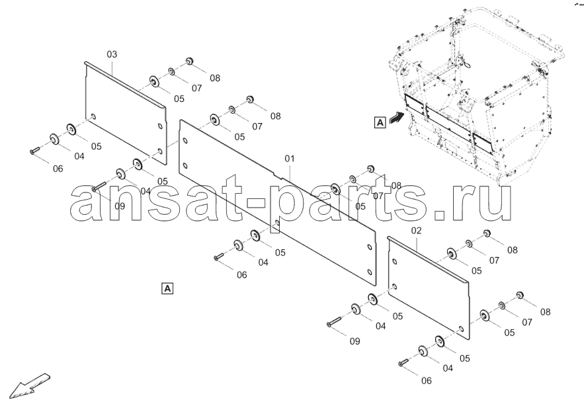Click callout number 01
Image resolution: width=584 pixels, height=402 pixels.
pyautogui.click(x=290, y=159)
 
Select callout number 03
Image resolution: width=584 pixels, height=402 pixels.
pyautogui.click(x=112, y=54)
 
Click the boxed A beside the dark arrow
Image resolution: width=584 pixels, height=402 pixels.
pyautogui.click(x=380, y=122)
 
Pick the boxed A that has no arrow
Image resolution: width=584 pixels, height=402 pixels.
pyautogui.click(x=167, y=288)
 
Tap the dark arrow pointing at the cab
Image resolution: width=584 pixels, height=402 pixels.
pyautogui.click(x=396, y=118)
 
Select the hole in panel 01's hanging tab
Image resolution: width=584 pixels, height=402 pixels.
pyautogui.click(x=276, y=223)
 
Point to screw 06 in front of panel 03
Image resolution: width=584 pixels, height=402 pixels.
pyautogui.click(x=35, y=150)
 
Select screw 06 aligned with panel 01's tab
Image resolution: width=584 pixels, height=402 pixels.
pyautogui.click(x=219, y=257)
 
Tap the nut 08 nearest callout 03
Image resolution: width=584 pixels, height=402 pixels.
pyautogui.click(x=190, y=61)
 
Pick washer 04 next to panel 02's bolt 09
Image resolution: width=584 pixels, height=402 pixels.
pyautogui.click(x=355, y=309)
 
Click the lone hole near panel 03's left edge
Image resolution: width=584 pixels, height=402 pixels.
pyautogui.click(x=93, y=116)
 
